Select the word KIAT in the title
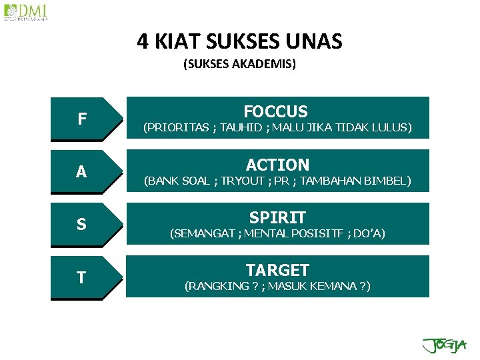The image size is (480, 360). click(x=179, y=42)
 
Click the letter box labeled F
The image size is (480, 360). click(x=81, y=119)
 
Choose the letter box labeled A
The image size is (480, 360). click(x=81, y=171)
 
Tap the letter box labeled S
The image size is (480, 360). click(x=81, y=225)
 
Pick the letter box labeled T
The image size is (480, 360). click(x=81, y=277)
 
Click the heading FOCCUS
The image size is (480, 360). click(x=276, y=111)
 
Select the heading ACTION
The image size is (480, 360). click(x=277, y=165)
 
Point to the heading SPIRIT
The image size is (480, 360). click(x=277, y=217)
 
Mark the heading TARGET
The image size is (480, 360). click(x=277, y=270)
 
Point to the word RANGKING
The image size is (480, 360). click(x=214, y=287)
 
